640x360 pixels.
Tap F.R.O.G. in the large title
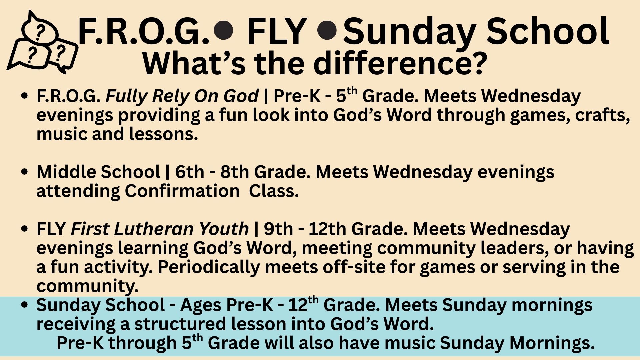coord(144,32)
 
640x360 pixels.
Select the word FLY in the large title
coord(277,32)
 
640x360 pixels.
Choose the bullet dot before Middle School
coord(24,172)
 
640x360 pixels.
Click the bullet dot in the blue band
coord(24,305)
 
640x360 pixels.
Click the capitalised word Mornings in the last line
coord(552,343)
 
